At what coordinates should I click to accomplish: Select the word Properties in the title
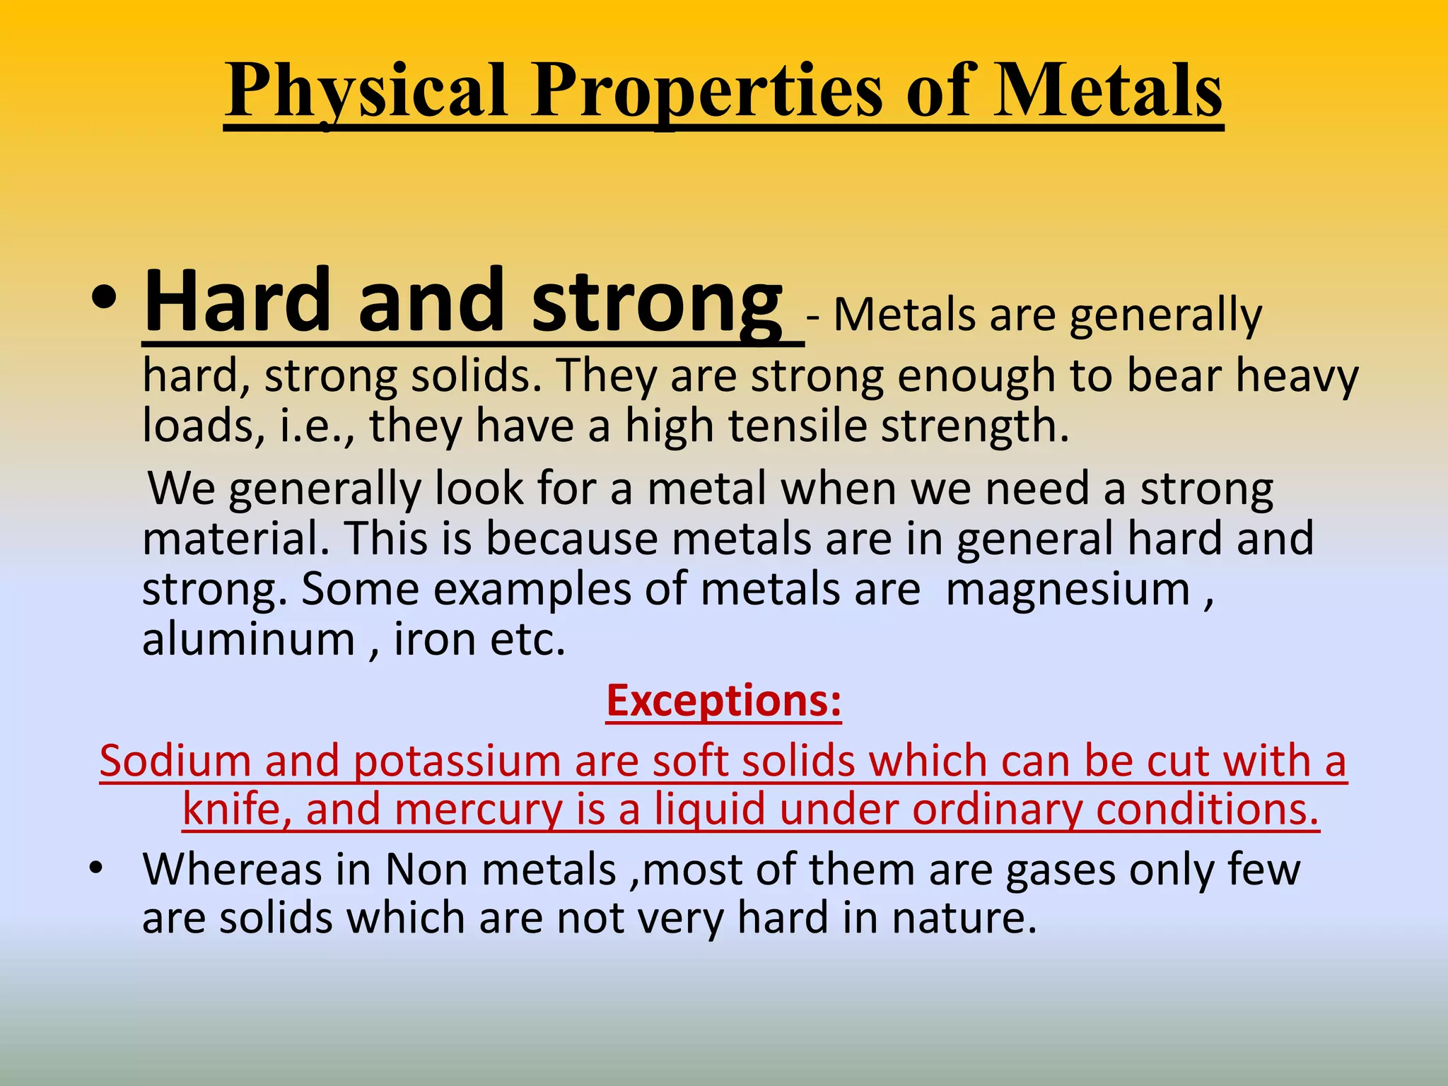coord(707,92)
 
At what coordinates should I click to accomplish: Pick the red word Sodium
coord(175,761)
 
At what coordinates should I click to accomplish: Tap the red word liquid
coord(710,810)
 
